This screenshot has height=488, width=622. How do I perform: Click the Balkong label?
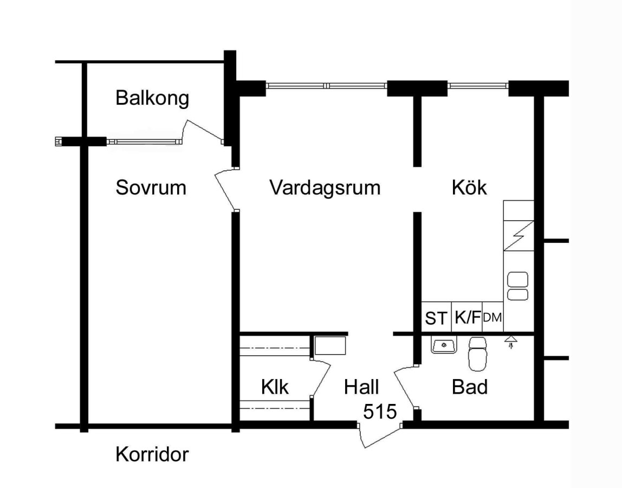[152, 98]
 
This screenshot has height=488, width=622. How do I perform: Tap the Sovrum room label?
[151, 187]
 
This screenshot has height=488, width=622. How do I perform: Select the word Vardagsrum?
[325, 188]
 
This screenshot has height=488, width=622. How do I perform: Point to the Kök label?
[469, 187]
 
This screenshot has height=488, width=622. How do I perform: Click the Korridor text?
[152, 454]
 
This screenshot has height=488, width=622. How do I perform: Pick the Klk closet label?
[275, 387]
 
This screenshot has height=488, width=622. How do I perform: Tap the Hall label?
[361, 387]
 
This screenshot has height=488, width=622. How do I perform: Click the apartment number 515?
[380, 412]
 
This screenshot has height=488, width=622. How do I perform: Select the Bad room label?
[470, 387]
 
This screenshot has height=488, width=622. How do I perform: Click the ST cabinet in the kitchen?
[436, 317]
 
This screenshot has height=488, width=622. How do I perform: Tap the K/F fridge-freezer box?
[467, 317]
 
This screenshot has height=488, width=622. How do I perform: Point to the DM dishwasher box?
[493, 317]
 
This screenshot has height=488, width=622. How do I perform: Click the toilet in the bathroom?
[478, 354]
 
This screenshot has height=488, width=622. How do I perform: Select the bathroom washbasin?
[444, 345]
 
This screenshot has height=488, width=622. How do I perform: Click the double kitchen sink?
[518, 286]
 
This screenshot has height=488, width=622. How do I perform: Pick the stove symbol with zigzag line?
[519, 235]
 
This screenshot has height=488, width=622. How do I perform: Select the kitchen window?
[478, 85]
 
